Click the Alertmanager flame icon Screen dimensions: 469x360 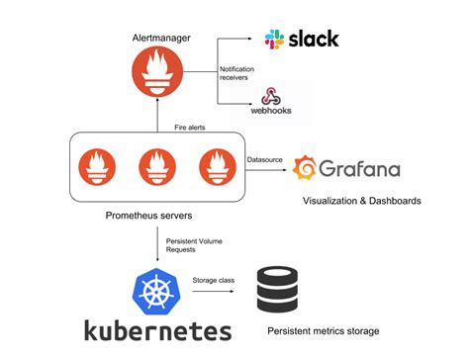(x=157, y=71)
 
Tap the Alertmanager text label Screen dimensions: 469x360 (x=161, y=38)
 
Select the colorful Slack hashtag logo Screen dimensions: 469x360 (x=274, y=40)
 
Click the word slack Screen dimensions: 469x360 (x=314, y=39)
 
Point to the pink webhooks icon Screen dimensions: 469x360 (x=271, y=96)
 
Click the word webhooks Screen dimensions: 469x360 (x=271, y=111)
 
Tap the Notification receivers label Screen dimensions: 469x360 (x=236, y=73)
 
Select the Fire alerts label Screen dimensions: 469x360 (x=190, y=128)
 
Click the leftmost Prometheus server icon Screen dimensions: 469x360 (x=97, y=167)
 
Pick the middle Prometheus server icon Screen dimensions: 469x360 (x=157, y=167)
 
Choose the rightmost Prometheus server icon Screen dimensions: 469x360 (x=218, y=167)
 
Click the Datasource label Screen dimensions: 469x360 (x=265, y=159)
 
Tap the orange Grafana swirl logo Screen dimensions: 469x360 (x=305, y=168)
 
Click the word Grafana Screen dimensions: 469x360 (x=359, y=168)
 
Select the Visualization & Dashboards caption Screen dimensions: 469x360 (x=362, y=201)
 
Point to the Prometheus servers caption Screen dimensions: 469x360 (x=148, y=216)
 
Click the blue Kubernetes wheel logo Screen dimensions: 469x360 (x=157, y=292)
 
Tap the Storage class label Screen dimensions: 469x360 (x=214, y=280)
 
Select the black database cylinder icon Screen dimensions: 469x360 (x=277, y=290)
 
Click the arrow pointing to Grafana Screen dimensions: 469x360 (x=266, y=170)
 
